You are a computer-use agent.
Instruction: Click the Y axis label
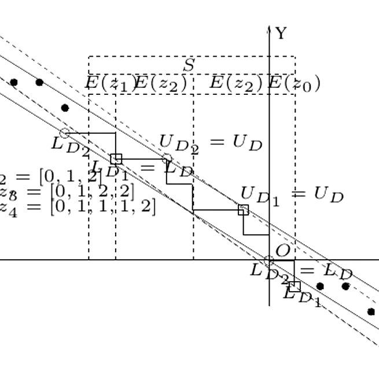tap(281, 34)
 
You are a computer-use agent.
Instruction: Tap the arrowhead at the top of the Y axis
tap(269, 27)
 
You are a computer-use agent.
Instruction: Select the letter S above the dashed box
tap(189, 65)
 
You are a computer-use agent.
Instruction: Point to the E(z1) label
tap(110, 83)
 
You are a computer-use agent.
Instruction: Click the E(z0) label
tap(295, 83)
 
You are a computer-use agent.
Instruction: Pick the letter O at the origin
tap(282, 251)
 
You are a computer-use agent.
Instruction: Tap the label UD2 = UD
tap(211, 142)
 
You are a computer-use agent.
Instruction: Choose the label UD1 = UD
tap(292, 195)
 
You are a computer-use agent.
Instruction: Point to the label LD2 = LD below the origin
tap(301, 271)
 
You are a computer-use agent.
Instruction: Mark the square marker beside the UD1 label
tap(244, 210)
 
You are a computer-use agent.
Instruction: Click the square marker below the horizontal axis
tap(295, 286)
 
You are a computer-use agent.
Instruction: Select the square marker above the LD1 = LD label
tap(116, 159)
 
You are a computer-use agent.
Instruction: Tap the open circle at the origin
tap(269, 260)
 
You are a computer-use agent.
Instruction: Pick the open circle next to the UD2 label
tap(167, 159)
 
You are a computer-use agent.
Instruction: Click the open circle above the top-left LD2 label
tap(65, 133)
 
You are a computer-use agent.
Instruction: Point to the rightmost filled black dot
tap(371, 311)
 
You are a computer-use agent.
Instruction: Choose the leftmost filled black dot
tap(14, 82)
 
